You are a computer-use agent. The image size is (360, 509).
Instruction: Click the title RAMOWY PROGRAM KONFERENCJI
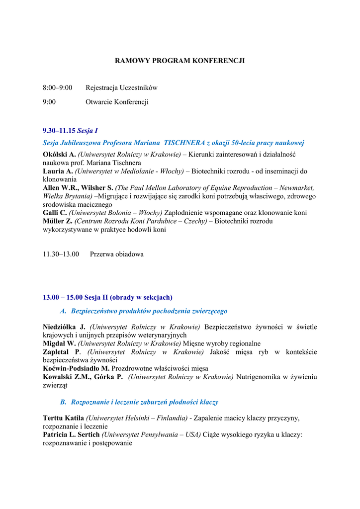coord(180,61)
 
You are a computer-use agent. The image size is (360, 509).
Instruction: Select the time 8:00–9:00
coord(57,88)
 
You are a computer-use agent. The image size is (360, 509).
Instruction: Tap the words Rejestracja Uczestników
coord(121,88)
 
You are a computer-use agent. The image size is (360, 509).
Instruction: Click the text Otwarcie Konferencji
coord(117,102)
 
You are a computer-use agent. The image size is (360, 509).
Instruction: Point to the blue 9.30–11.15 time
coord(59,131)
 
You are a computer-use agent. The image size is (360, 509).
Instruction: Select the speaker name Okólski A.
coord(59,155)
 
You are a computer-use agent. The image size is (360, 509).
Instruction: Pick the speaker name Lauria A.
coord(58,171)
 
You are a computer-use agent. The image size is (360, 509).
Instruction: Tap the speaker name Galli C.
coord(55,213)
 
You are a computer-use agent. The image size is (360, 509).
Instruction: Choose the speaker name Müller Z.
coord(58,221)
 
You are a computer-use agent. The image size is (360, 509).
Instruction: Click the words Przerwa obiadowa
coord(117,254)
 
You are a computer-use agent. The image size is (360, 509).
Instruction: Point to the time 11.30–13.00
coord(61,254)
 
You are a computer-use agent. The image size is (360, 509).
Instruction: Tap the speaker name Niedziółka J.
coord(64,327)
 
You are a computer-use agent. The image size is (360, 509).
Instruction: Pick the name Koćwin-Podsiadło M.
coord(76,368)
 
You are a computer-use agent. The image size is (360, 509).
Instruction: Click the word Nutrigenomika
coord(259,377)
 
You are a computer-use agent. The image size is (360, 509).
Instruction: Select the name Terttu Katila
coord(63,418)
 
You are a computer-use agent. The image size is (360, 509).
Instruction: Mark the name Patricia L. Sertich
coord(71,434)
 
